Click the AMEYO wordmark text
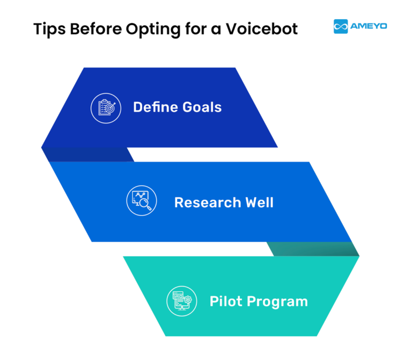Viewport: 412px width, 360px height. tap(369, 26)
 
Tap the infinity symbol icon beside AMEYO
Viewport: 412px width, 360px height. tap(341, 26)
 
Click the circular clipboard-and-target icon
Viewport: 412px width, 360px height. tap(106, 107)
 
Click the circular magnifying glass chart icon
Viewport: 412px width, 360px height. tap(141, 202)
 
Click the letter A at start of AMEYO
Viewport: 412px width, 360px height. tap(354, 26)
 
